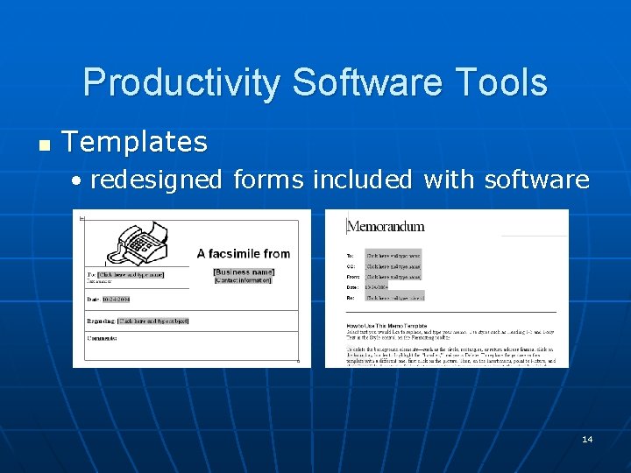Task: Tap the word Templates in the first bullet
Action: [135, 142]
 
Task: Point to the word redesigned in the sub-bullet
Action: [156, 180]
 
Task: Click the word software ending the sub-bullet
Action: [536, 180]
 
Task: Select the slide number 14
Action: [586, 439]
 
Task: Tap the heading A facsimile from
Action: [243, 254]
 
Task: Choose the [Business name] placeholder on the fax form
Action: [244, 272]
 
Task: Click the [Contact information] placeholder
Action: [244, 280]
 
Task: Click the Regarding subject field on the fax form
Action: [153, 321]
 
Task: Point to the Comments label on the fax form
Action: [102, 338]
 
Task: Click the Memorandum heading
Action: [386, 226]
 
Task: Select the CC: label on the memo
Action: [351, 265]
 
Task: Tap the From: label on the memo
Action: [352, 276]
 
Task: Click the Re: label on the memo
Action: [351, 297]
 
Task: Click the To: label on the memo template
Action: [351, 255]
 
